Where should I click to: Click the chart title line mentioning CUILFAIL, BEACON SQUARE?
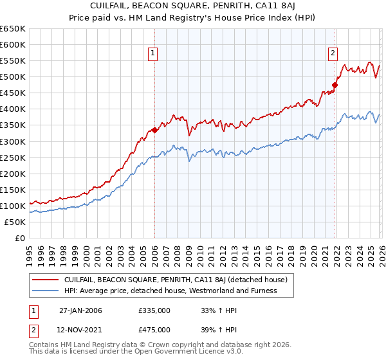point(193,6)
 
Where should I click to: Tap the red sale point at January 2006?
point(154,130)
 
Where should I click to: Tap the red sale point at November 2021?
point(335,85)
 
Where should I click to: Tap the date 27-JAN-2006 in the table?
point(80,310)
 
